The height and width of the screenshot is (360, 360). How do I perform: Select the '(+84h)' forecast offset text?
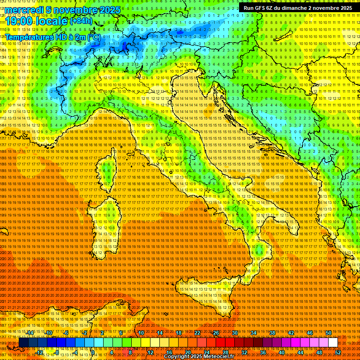(81, 21)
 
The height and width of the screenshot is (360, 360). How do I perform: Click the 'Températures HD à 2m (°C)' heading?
(53, 37)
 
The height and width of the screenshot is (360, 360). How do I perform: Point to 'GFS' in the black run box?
(262, 8)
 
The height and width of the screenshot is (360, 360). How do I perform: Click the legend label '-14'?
(30, 333)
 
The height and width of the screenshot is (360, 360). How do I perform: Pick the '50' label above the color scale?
(329, 333)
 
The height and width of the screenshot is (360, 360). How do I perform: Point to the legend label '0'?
(93, 352)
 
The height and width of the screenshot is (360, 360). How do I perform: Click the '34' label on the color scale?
(254, 333)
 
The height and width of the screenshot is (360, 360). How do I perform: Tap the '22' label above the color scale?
(197, 333)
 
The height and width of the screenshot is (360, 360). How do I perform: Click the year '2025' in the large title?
(106, 10)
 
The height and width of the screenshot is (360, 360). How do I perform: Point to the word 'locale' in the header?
(51, 21)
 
